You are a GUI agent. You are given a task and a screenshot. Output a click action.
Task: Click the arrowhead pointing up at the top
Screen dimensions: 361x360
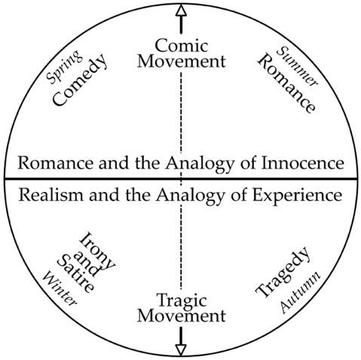pyautogui.click(x=181, y=11)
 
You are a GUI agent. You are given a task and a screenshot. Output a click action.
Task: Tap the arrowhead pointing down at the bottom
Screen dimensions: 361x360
pyautogui.click(x=181, y=349)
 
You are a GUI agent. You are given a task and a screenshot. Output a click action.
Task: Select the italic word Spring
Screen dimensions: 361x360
pyautogui.click(x=64, y=66)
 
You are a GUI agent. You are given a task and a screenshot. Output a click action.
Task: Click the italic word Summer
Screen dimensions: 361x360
pyautogui.click(x=297, y=66)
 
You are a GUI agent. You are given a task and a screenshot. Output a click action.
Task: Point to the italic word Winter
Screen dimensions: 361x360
pyautogui.click(x=60, y=289)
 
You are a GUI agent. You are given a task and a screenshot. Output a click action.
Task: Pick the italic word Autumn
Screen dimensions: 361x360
pyautogui.click(x=301, y=292)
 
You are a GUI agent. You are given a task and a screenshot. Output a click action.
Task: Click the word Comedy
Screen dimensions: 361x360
pyautogui.click(x=80, y=80)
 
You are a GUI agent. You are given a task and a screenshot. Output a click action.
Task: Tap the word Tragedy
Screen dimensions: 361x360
pyautogui.click(x=283, y=273)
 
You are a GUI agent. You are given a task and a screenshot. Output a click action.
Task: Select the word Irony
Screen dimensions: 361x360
pyautogui.click(x=97, y=251)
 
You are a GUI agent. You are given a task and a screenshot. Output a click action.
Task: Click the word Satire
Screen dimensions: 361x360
pyautogui.click(x=75, y=274)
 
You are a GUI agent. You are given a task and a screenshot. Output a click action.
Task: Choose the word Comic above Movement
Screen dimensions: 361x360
pyautogui.click(x=182, y=46)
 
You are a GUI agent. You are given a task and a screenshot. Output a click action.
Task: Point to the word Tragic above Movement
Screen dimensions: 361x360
pyautogui.click(x=182, y=301)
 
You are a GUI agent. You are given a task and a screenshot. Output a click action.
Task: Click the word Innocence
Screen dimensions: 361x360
pyautogui.click(x=303, y=163)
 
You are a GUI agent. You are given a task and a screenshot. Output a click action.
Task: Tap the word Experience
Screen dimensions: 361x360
pyautogui.click(x=297, y=195)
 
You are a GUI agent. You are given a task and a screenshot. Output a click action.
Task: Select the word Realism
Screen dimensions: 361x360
pyautogui.click(x=50, y=195)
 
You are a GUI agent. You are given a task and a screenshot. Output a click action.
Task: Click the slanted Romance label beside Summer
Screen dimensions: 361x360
pyautogui.click(x=286, y=84)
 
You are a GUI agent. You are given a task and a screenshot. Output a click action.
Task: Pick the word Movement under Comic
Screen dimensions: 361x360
pyautogui.click(x=181, y=61)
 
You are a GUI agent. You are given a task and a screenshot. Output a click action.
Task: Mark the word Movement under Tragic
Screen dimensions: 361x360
pyautogui.click(x=181, y=316)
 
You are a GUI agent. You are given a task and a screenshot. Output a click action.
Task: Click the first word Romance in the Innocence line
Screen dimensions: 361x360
pyautogui.click(x=56, y=163)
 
